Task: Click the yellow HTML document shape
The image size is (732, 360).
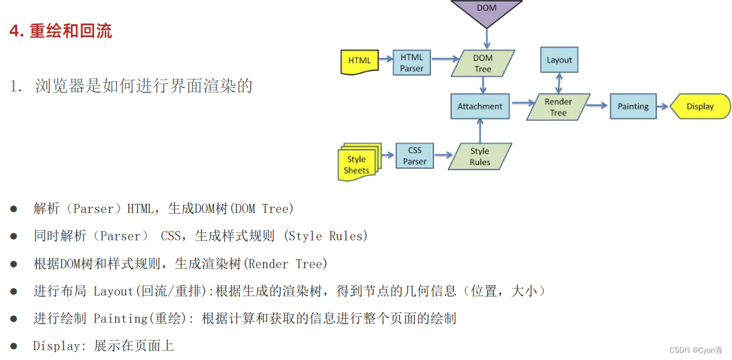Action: (359, 61)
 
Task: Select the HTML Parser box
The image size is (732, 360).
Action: (412, 63)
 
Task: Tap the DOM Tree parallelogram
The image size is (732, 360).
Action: (483, 63)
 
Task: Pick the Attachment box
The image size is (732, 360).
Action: (480, 106)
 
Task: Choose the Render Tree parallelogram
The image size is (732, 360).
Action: (558, 107)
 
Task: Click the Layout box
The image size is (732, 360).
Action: (559, 60)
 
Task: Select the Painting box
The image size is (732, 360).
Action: (633, 106)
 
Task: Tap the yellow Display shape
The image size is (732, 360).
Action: (700, 106)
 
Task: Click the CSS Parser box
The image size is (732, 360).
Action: (415, 155)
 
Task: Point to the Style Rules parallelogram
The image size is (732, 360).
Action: (480, 156)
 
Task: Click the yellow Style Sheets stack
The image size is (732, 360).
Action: (358, 163)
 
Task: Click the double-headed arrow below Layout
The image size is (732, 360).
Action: (559, 83)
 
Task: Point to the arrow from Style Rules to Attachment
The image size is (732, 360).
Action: (480, 131)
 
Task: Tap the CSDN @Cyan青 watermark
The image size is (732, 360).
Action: (696, 350)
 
